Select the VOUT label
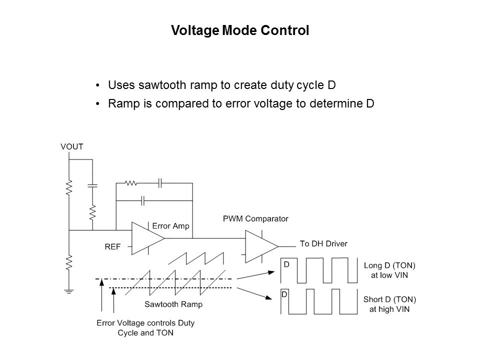tap(72, 146)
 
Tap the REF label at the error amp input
tap(112, 246)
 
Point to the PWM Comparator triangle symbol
tap(260, 245)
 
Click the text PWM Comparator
tap(255, 218)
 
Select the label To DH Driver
tap(323, 243)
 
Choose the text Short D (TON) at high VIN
tap(389, 304)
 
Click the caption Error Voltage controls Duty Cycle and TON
tap(145, 328)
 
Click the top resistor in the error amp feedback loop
tap(131, 183)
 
